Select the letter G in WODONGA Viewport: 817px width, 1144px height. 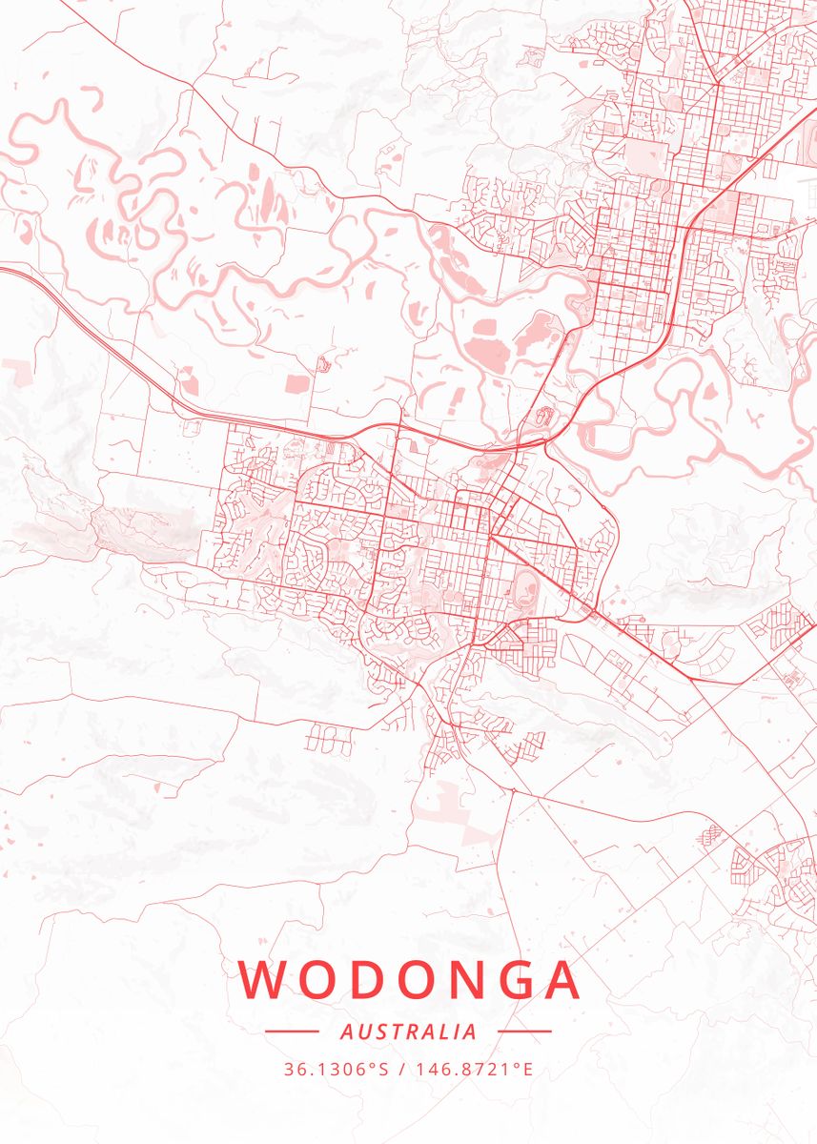pyautogui.click(x=511, y=980)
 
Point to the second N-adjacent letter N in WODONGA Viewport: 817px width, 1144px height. pyautogui.click(x=463, y=980)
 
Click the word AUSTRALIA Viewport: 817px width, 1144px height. pyautogui.click(x=408, y=1032)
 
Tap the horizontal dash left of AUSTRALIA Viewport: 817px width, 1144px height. pyautogui.click(x=291, y=1032)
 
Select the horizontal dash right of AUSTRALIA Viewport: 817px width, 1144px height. pyautogui.click(x=525, y=1032)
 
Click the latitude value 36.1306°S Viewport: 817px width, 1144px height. pyautogui.click(x=337, y=1070)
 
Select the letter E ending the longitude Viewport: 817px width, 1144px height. pyautogui.click(x=527, y=1070)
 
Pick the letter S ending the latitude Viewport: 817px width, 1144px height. pyautogui.click(x=384, y=1070)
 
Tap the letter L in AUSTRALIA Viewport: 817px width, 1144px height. pyautogui.click(x=443, y=1032)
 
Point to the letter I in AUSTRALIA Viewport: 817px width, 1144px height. pyautogui.click(x=456, y=1032)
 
